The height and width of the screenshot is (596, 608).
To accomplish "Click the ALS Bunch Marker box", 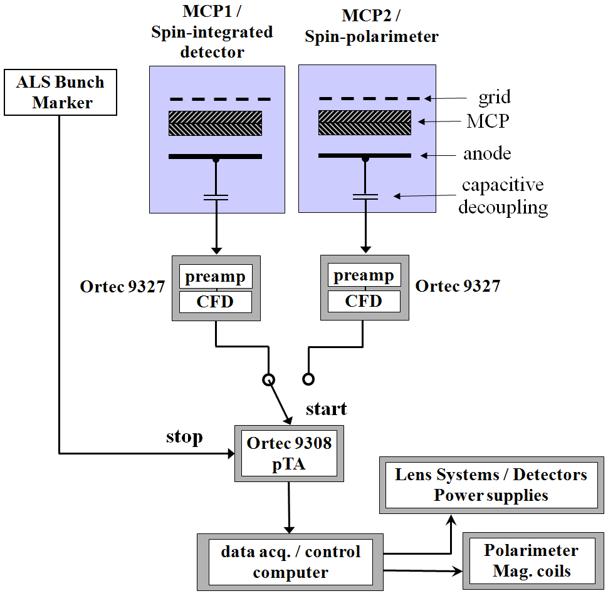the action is [60, 92].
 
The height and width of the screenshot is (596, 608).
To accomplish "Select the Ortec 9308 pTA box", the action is [289, 453].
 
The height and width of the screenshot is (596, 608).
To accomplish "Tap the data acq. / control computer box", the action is [290, 562].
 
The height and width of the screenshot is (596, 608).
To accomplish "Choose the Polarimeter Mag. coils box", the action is [533, 561].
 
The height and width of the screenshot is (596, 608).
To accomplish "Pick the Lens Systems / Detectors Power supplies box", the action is [491, 485].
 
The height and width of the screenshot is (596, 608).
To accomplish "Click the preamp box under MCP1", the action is [216, 277].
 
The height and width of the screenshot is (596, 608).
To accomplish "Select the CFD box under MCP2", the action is [364, 301].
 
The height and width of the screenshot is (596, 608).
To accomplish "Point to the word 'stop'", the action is [184, 437].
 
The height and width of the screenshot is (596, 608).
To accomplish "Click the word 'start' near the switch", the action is [326, 409].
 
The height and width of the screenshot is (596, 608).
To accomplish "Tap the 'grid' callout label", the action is [495, 97].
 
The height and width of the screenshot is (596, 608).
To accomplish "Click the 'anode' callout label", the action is [487, 153].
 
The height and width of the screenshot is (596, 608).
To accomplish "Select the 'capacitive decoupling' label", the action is [503, 196].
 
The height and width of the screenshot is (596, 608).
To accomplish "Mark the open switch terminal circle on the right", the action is [308, 379].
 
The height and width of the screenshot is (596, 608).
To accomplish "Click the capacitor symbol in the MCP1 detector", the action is [216, 197].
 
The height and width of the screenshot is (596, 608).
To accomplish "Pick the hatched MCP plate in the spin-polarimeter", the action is [365, 123].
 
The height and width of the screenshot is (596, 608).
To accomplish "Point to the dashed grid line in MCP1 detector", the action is [220, 100].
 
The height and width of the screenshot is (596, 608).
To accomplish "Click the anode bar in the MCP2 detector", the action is [365, 156].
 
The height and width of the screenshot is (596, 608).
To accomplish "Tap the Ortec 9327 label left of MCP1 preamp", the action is [122, 287].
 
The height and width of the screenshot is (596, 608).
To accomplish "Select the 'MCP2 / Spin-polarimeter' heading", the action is [372, 26].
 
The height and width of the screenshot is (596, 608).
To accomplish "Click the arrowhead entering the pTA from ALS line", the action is [231, 453].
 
